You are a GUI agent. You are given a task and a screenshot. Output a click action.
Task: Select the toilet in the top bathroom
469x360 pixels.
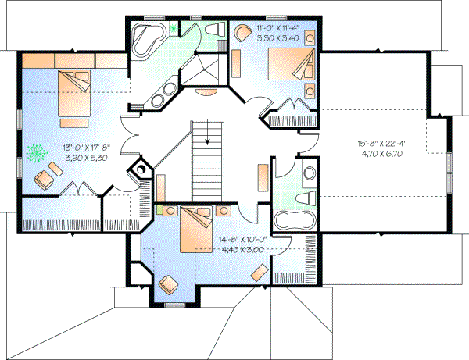213,29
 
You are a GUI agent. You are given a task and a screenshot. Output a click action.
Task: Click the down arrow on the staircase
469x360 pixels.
207,141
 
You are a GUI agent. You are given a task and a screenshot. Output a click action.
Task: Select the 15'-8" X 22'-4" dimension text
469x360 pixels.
378,144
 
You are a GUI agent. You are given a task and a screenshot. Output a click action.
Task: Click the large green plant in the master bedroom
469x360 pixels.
36,153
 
